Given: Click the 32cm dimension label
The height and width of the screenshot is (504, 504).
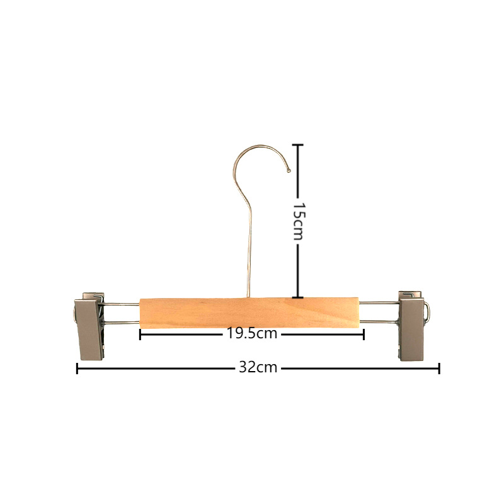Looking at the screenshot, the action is (258, 367).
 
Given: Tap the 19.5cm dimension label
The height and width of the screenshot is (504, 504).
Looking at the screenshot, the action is (252, 333).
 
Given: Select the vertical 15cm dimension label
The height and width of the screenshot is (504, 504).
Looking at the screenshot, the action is (298, 221).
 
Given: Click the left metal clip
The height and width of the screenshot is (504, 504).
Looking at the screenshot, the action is (89, 326).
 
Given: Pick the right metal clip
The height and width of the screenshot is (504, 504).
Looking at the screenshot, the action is (413, 326).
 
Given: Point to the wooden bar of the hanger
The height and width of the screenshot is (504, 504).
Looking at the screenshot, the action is (249, 313).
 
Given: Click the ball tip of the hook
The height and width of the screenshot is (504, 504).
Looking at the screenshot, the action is (289, 171).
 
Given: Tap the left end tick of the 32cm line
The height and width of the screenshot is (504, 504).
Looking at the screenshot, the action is (77, 369).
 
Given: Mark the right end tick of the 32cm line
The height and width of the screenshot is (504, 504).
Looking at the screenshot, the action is (439, 369).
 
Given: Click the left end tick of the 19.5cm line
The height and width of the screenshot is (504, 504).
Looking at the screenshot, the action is (140, 335).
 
